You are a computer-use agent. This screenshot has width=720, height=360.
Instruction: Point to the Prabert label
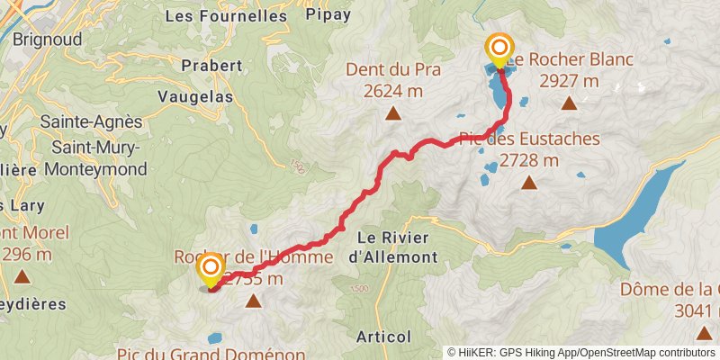pyautogui.click(x=211, y=65)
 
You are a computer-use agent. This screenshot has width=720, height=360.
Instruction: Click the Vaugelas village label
pyautogui.click(x=195, y=95)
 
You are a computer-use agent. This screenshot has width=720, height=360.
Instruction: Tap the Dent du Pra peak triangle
pyautogui.click(x=393, y=113)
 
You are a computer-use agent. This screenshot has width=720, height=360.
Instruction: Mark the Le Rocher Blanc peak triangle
pyautogui.click(x=569, y=103)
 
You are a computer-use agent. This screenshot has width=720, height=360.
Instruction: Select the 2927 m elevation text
pyautogui.click(x=569, y=81)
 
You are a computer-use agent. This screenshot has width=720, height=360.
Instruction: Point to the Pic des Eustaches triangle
pyautogui.click(x=529, y=184)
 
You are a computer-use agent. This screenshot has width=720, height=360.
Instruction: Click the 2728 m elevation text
pyautogui.click(x=529, y=161)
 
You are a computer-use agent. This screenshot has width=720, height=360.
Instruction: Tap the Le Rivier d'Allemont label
pyautogui.click(x=398, y=247)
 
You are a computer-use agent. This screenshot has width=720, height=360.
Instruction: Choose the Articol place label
pyautogui.click(x=383, y=337)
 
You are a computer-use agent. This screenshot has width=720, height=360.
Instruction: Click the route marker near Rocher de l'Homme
pyautogui.click(x=211, y=268)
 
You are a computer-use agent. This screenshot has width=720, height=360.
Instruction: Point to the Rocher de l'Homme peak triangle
pyautogui.click(x=254, y=301)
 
